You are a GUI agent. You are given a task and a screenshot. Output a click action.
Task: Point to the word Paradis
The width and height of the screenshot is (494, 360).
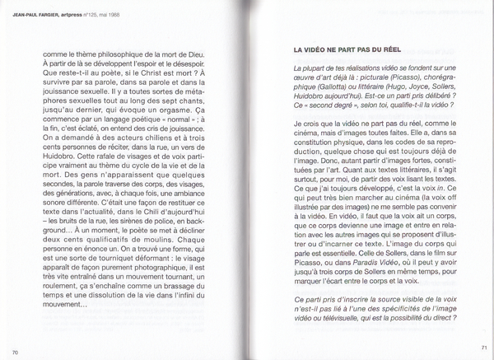(x=337, y=265)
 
